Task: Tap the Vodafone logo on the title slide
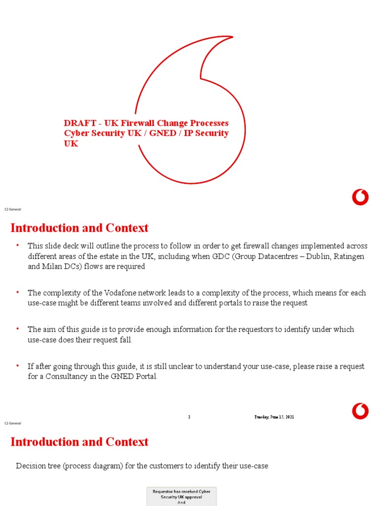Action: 360,198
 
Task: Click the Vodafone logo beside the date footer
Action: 360,410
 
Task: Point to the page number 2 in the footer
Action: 189,417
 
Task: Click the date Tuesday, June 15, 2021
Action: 274,417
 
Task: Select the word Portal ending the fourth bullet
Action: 146,376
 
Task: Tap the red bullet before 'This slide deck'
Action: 17,246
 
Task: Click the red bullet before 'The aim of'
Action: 17,329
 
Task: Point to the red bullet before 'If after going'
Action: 17,366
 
